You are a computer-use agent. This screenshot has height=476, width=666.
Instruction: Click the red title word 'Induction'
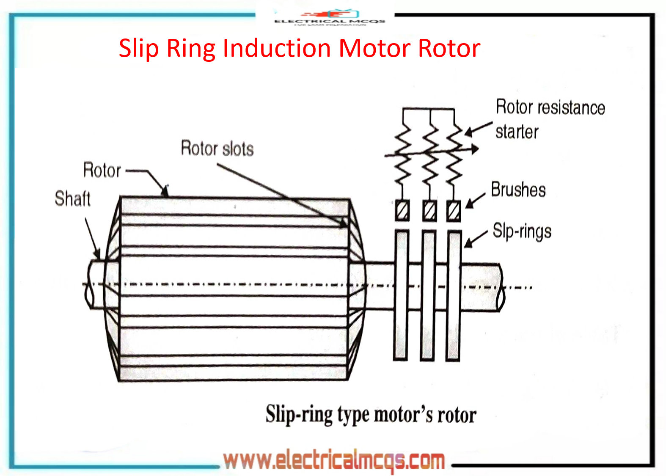point(278,49)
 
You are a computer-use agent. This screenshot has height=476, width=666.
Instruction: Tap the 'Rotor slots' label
point(217,149)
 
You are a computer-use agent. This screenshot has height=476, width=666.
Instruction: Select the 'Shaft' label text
point(73,198)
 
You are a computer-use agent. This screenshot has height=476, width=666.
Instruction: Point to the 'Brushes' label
point(518,190)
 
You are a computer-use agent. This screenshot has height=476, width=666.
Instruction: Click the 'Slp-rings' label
point(522,231)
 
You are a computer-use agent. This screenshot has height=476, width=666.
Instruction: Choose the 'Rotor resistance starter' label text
point(550,119)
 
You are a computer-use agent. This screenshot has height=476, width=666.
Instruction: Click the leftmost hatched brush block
point(402,210)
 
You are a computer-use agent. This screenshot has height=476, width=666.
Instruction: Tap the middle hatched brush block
point(429,210)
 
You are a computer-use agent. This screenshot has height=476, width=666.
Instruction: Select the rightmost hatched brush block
point(454,210)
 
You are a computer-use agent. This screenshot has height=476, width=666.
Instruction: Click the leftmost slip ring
point(401,295)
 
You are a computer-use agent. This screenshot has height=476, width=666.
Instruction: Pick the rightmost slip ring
point(454,295)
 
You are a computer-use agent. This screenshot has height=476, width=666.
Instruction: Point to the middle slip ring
point(428,295)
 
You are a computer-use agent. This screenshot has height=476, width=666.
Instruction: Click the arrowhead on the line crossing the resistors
point(475,149)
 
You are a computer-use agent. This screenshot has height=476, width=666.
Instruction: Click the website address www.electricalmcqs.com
point(334,460)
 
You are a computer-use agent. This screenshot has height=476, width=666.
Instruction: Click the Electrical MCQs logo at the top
point(330,18)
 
